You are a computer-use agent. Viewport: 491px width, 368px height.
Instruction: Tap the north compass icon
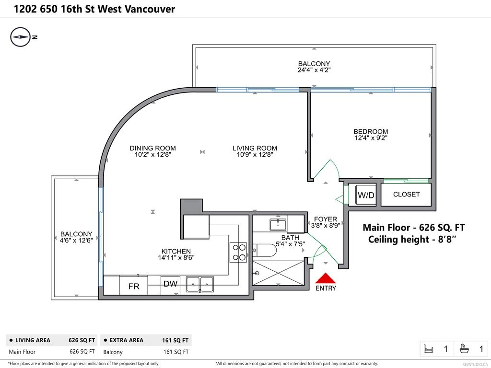pyautogui.click(x=20, y=37)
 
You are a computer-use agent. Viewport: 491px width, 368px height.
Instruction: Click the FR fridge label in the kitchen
pyautogui.click(x=134, y=287)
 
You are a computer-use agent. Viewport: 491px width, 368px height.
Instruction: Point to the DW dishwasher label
pyautogui.click(x=170, y=284)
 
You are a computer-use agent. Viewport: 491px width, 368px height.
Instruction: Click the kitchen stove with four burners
pyautogui.click(x=238, y=253)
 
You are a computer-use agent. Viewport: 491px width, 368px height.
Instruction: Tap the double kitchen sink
pyautogui.click(x=200, y=284)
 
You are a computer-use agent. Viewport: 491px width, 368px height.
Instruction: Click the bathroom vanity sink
pyautogui.click(x=278, y=224)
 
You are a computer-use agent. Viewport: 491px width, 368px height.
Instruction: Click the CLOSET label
pyautogui.click(x=406, y=195)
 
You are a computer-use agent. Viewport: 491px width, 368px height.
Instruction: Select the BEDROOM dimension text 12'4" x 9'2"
pyautogui.click(x=371, y=138)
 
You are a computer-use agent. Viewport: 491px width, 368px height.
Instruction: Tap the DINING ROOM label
pyautogui.click(x=152, y=148)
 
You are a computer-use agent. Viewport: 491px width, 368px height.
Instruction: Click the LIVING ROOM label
pyautogui.click(x=255, y=148)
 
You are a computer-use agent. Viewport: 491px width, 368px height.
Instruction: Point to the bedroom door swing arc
pyautogui.click(x=331, y=168)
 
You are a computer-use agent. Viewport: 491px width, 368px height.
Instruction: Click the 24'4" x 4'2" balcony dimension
pyautogui.click(x=314, y=70)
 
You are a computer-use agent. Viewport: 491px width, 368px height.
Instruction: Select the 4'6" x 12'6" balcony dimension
pyautogui.click(x=76, y=241)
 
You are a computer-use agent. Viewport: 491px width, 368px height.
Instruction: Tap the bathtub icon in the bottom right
pyautogui.click(x=464, y=349)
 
